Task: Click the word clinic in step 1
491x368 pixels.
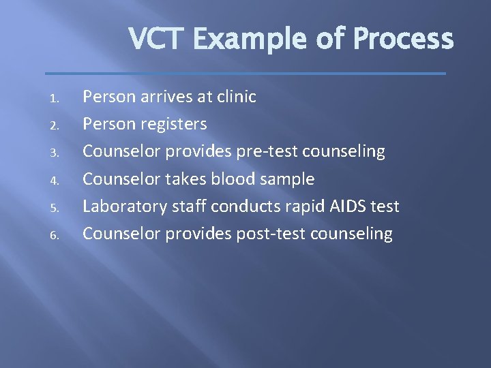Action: point(236,97)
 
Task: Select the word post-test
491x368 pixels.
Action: point(271,234)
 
